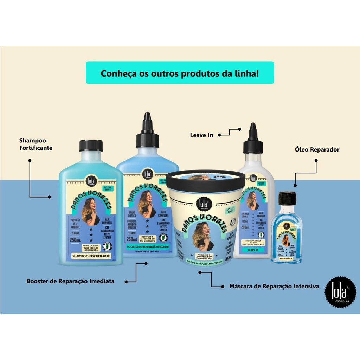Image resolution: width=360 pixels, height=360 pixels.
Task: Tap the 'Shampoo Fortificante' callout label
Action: click(36, 144)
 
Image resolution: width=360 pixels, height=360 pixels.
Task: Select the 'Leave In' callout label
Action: click(201, 135)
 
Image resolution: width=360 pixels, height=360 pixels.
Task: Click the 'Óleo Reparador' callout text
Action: click(317, 149)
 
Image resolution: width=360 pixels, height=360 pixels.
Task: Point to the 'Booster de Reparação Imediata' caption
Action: click(70, 281)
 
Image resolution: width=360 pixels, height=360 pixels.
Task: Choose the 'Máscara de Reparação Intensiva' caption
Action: click(274, 286)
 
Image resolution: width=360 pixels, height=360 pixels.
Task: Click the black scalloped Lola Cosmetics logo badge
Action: click(340, 292)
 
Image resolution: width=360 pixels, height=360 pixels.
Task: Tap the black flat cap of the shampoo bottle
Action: click(91, 146)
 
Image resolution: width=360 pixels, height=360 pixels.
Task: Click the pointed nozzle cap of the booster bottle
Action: click(147, 130)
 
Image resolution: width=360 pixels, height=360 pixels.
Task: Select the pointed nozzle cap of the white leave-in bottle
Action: click(253, 139)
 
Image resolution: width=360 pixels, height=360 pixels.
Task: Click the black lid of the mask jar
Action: click(205, 181)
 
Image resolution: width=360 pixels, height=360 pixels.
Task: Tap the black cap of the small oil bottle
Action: click(288, 198)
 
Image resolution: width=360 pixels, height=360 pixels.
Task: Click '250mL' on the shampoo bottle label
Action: click(76, 240)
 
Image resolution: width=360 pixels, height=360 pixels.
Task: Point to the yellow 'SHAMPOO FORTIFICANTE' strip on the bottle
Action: click(91, 256)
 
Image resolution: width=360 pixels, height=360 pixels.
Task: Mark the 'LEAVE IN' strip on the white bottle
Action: click(253, 250)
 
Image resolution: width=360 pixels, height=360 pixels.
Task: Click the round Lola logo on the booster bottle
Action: click(147, 174)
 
